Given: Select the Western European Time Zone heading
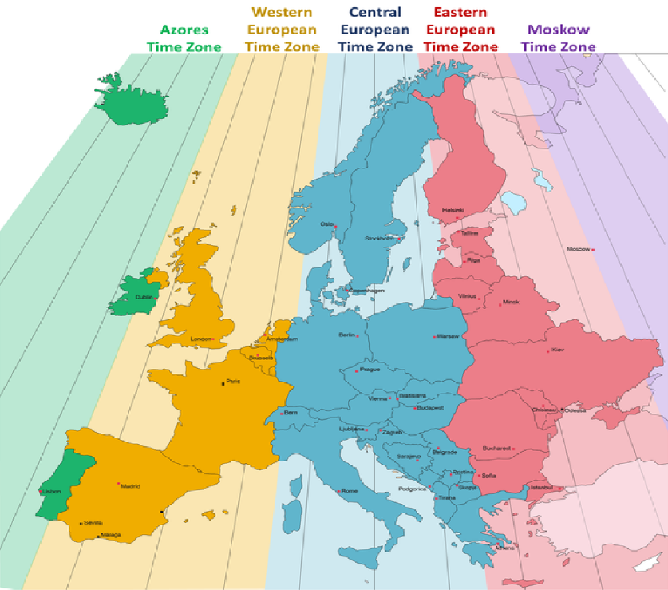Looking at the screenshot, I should [282, 30].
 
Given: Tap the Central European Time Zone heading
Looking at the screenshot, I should [375, 30].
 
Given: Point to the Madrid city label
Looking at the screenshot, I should [130, 485].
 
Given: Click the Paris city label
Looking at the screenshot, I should [233, 382].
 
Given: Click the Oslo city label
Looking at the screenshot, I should [327, 224].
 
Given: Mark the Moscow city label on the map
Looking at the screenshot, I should [579, 249].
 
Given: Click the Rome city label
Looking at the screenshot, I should [350, 491].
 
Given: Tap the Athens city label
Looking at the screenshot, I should [504, 548].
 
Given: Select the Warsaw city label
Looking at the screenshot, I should [449, 336].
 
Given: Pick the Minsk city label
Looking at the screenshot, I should [511, 303].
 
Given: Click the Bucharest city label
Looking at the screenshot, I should [495, 449].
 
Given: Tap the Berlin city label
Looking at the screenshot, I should [347, 335].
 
